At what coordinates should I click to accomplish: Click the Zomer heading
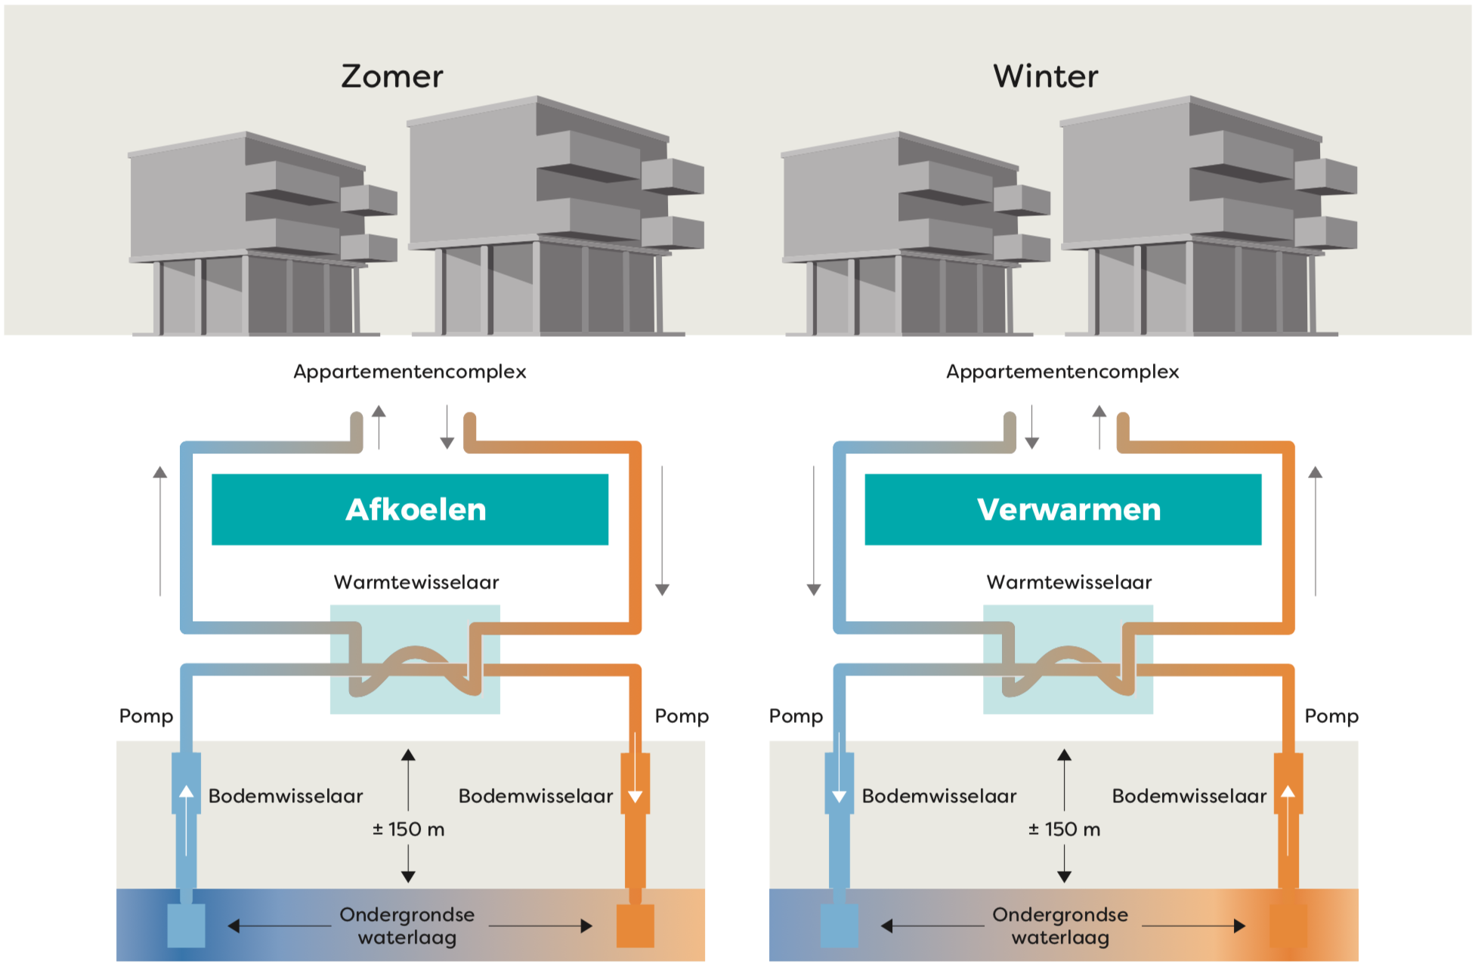point(392,76)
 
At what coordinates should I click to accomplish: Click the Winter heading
point(1046,76)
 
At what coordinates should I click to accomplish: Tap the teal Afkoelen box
point(410,509)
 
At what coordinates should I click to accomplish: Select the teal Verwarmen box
point(1063,509)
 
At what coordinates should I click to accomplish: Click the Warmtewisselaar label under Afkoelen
point(416,582)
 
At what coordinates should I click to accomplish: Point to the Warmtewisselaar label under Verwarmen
point(1069,582)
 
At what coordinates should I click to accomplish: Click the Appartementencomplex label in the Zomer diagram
point(410,372)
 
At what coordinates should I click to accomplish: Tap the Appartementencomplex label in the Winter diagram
point(1062,372)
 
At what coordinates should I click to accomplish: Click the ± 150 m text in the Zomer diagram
point(409,830)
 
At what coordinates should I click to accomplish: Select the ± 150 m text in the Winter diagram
point(1065,830)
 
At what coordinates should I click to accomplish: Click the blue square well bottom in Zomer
point(186,925)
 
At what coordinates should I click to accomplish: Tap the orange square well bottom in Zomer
point(635,925)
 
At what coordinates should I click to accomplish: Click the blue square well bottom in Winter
point(839,925)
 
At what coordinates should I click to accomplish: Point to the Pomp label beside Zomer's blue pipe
point(147,716)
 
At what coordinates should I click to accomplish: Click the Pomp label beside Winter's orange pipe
point(1331,716)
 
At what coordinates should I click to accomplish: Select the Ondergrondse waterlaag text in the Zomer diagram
point(407,926)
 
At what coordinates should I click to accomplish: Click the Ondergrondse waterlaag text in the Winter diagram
point(1060,926)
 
